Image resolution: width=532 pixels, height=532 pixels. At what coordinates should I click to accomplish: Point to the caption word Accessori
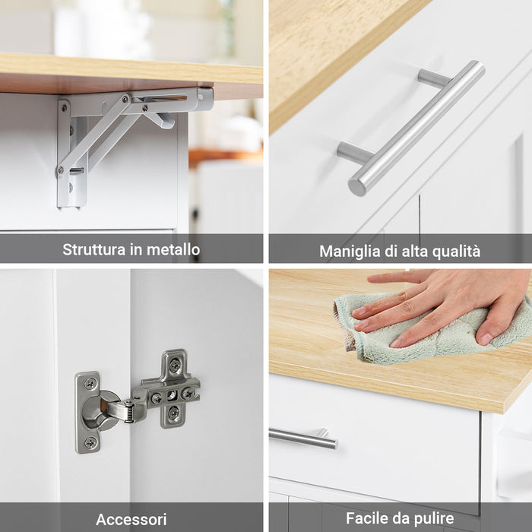(x=131, y=520)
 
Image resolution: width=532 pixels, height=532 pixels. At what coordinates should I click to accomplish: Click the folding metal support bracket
(x=122, y=129)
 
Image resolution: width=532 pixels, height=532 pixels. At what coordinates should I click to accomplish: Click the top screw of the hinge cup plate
(x=90, y=384)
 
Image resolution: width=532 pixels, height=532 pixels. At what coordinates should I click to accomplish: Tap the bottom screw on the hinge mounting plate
(x=173, y=413)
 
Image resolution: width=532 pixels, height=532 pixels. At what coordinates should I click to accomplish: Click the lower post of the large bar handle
(x=354, y=153)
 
